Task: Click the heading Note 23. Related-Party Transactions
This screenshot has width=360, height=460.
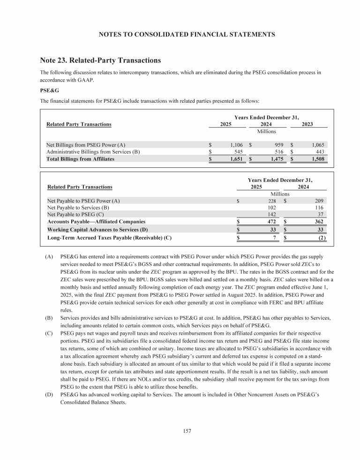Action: click(101, 60)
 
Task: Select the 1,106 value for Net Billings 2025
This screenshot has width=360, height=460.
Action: click(233, 145)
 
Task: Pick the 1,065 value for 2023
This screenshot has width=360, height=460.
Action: click(317, 145)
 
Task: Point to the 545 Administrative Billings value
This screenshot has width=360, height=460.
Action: click(236, 152)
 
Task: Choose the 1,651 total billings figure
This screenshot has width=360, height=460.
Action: click(233, 159)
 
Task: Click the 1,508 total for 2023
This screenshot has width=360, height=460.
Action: click(317, 159)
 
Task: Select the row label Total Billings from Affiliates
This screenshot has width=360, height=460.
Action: click(80, 159)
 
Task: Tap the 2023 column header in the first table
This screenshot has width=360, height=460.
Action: click(307, 124)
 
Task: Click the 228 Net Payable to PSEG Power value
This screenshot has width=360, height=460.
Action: click(271, 201)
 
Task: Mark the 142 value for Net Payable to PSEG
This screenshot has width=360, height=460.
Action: click(271, 214)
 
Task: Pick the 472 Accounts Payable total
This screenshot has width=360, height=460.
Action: click(271, 221)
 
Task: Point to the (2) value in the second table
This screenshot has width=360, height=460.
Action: click(321, 238)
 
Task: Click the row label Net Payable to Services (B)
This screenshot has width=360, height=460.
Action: click(78, 207)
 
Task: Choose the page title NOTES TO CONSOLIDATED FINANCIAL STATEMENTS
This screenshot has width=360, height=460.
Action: click(180, 34)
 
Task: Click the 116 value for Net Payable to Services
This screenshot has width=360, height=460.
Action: click(319, 207)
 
